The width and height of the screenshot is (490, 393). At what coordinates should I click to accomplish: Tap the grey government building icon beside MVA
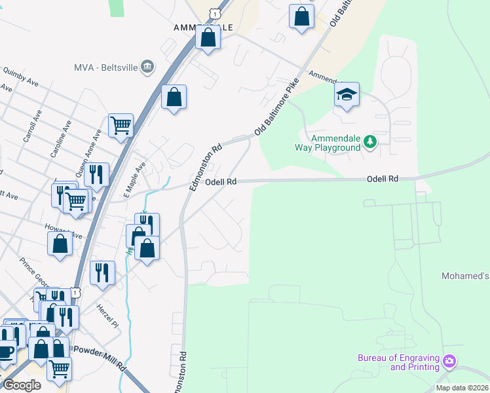(147, 66)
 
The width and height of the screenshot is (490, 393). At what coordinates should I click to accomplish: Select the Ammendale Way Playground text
(337, 143)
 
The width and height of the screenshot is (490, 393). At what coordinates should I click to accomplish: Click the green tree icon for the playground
(370, 141)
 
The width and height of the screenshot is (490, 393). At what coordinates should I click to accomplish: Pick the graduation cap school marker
(347, 95)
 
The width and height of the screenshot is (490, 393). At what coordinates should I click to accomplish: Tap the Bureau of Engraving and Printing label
(398, 362)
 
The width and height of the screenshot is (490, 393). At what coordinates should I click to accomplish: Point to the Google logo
(21, 385)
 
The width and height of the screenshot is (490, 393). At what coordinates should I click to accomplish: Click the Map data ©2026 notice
(462, 388)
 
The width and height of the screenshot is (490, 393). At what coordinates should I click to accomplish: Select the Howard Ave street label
(64, 233)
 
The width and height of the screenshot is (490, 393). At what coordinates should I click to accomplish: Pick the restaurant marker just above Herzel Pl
(102, 273)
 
